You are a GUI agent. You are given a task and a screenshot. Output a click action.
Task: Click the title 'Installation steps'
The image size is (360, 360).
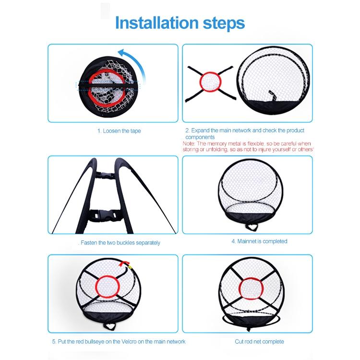tap(180, 23)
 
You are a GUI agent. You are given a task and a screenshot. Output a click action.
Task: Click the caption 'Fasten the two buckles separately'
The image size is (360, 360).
tap(120, 243)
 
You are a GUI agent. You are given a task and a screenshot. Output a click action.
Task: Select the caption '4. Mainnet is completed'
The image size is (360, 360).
tap(259, 241)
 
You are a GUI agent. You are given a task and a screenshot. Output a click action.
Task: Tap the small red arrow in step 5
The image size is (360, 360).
tap(128, 262)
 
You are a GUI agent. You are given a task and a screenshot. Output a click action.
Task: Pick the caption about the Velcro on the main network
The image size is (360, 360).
tap(119, 342)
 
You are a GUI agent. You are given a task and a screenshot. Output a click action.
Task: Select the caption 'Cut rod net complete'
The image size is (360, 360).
tap(259, 342)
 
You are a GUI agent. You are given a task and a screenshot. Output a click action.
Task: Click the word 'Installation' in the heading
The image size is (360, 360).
tap(153, 23)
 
